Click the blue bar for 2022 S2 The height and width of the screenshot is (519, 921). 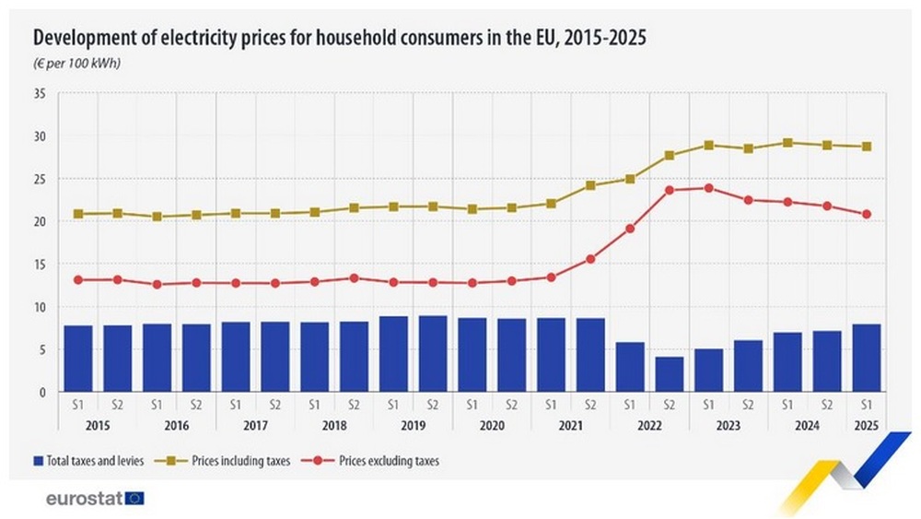pos(670,373)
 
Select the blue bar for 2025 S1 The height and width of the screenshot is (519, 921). pos(867,358)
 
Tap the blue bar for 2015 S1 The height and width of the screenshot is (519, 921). pos(78,358)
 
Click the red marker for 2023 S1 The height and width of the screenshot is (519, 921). pos(709,188)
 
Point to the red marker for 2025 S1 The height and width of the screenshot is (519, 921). pos(867,214)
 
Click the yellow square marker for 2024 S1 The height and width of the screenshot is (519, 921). pos(787,143)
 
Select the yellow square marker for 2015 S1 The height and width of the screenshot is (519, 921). pos(78,214)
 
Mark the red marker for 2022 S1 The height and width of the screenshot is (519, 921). pos(630,229)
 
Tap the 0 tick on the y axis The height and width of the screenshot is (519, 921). pos(41,392)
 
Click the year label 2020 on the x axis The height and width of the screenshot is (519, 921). pos(492,426)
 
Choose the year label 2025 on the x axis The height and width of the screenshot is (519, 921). pos(867,426)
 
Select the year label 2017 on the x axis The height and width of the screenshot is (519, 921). pos(255,426)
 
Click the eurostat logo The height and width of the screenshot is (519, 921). pos(95,499)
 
